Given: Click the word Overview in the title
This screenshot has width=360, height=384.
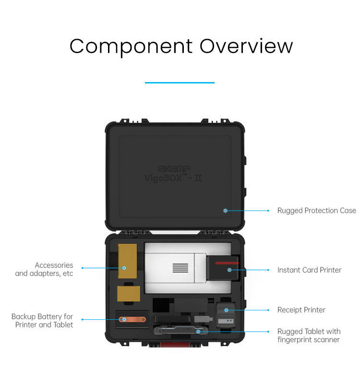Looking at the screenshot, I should (246, 47).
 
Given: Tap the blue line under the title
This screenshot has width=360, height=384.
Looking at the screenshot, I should (180, 83).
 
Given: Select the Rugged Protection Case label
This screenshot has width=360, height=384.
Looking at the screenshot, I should (316, 210).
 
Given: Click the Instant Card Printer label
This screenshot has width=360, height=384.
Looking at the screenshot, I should (309, 270).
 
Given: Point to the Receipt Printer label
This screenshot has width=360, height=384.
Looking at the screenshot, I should (301, 310).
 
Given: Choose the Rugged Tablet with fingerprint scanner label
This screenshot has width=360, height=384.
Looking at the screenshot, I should (309, 336).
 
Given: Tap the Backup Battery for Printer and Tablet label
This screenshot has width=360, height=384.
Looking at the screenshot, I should (42, 321).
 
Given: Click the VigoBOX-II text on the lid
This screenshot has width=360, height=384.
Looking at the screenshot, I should (173, 177).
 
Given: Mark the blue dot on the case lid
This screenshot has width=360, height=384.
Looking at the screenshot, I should (225, 210).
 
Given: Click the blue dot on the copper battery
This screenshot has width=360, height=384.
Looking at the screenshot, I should (124, 319).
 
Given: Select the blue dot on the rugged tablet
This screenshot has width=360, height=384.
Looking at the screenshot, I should (198, 331).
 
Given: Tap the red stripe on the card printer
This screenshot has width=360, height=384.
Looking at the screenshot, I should (227, 263).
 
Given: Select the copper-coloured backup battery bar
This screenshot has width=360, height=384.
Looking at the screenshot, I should (132, 319).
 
